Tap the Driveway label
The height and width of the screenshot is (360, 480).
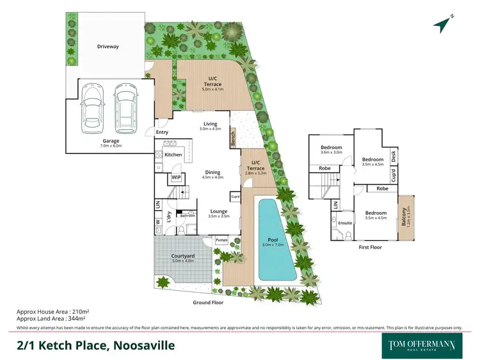108,47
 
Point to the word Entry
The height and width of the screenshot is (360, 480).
162,133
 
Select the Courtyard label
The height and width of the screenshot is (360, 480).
183,257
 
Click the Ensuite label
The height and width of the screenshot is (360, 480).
346,223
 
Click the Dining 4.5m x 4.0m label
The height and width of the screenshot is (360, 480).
213,175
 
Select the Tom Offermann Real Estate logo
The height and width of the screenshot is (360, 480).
422,344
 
